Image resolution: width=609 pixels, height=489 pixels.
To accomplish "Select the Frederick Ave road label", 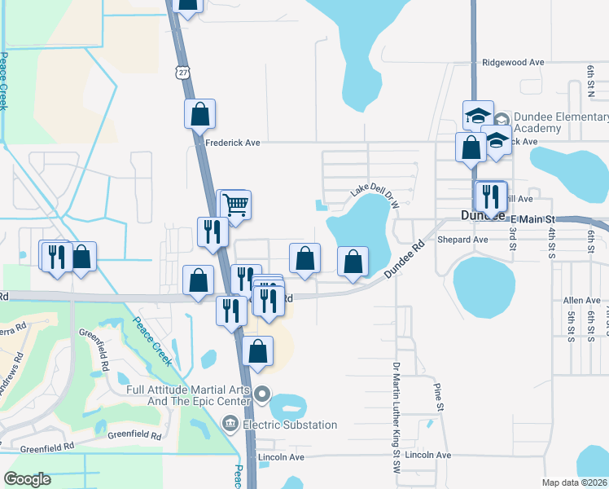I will click(232, 143).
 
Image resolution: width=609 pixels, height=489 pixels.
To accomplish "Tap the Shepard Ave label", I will click(462, 240).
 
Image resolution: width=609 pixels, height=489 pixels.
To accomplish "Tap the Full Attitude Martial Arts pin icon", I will click(262, 395).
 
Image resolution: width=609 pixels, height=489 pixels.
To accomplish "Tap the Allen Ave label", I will click(581, 301).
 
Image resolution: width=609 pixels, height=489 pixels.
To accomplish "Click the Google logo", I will click(28, 479).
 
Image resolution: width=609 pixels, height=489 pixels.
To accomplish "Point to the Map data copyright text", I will click(573, 482).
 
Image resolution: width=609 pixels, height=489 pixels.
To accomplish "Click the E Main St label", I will click(532, 218).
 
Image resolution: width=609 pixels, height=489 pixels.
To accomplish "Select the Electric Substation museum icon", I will click(230, 424).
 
